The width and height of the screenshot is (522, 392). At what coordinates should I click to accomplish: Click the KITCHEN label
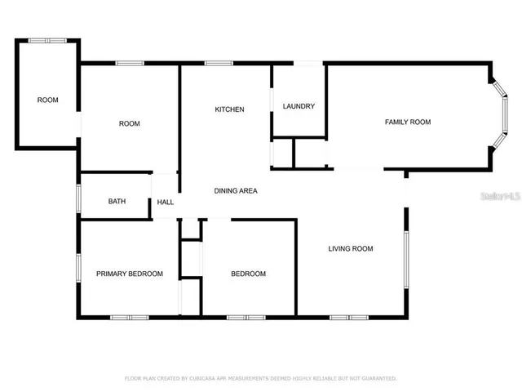pos(229,109)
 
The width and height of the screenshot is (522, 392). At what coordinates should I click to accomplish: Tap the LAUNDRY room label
pos(299,107)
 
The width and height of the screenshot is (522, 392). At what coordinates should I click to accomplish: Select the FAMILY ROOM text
pos(408,122)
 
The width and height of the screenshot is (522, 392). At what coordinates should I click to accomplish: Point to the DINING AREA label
pos(236,190)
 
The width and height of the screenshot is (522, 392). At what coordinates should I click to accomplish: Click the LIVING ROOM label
pos(351,248)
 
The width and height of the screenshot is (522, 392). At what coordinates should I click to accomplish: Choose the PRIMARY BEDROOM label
pos(130,274)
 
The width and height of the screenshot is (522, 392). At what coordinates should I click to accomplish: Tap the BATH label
pos(117,201)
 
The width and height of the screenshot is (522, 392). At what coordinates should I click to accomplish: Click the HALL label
pos(166,203)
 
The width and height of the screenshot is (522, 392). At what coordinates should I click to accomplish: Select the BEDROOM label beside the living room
pos(248,274)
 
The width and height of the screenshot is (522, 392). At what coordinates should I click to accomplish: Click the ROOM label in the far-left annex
pos(48,100)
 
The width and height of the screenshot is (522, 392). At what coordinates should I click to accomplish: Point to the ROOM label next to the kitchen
pos(130,123)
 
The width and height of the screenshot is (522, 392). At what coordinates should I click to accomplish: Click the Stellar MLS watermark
pos(500,196)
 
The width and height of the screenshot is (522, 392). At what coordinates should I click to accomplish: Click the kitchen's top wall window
pos(219,63)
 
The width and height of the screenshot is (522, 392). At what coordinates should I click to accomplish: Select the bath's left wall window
pos(78,198)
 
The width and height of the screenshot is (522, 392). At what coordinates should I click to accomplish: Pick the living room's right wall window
pos(406,259)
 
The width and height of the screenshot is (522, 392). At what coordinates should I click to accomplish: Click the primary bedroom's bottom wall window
pos(130,316)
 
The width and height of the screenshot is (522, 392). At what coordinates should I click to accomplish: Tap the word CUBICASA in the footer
pos(206,379)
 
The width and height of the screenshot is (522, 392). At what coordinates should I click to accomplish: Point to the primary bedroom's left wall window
pos(78,269)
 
